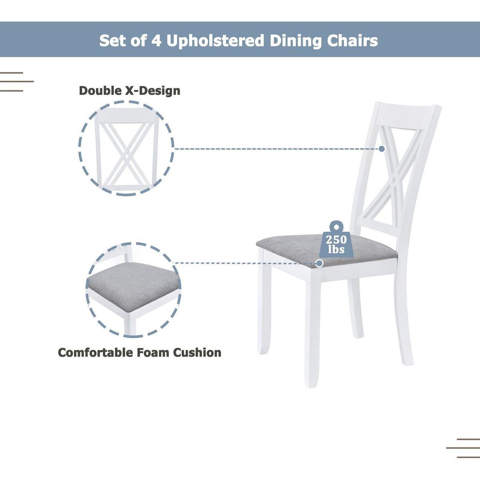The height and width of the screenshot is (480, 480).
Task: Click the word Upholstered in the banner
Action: point(215,41)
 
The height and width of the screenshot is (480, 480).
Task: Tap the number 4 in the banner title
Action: point(156,41)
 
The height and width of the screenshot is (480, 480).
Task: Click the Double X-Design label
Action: point(130,90)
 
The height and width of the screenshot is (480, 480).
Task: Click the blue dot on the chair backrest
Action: point(382,149)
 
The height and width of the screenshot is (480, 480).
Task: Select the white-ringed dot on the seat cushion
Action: point(319,263)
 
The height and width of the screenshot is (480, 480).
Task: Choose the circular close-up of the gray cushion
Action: point(134,289)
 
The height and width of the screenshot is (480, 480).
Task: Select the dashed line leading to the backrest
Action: point(276,149)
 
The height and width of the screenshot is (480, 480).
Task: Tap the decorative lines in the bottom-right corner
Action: point(464,448)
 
